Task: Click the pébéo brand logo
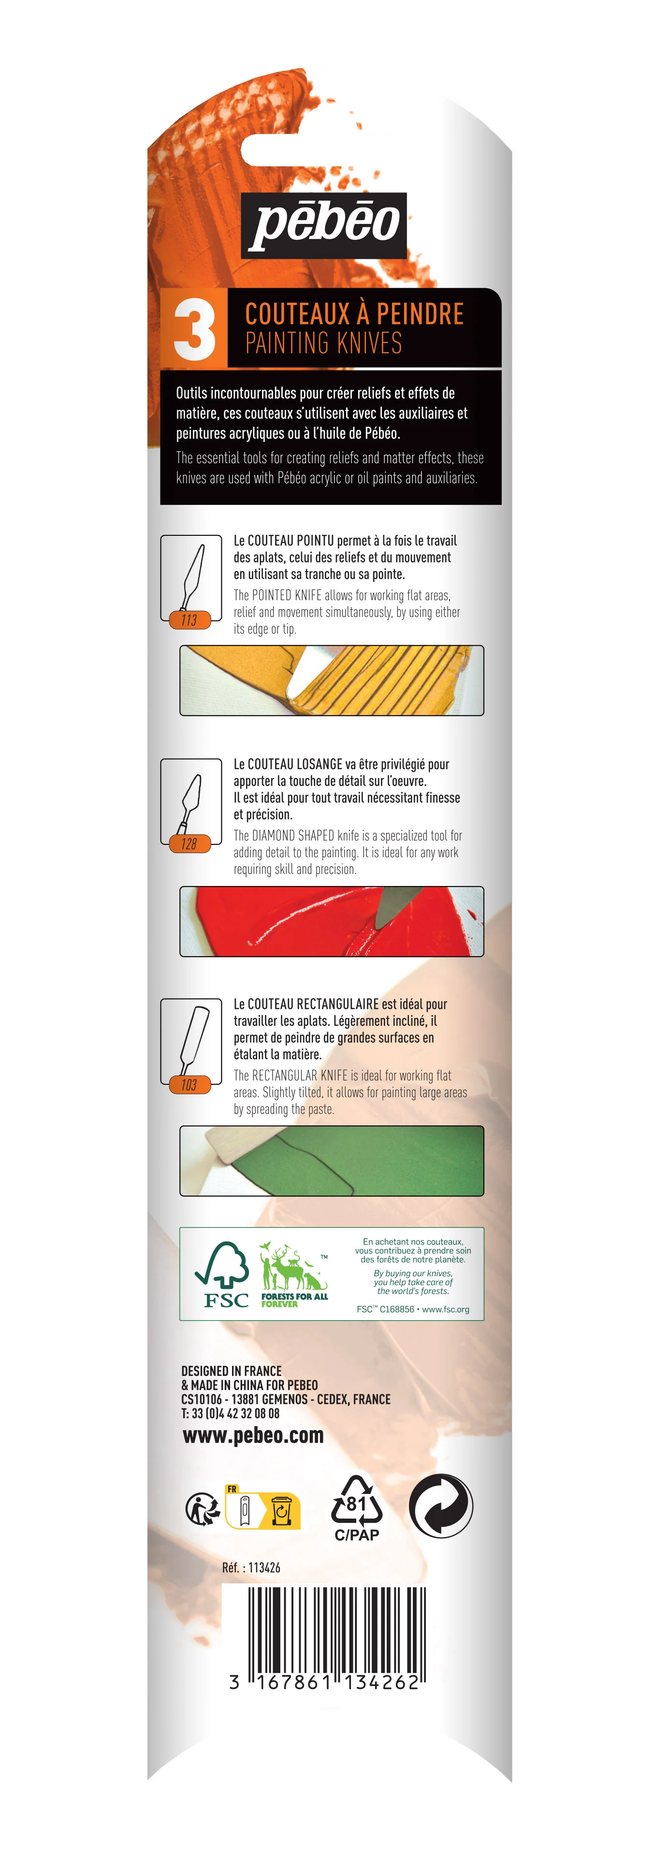(x=324, y=226)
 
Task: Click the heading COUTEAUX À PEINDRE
(x=354, y=314)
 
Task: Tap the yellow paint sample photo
(x=332, y=680)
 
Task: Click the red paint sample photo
(x=332, y=921)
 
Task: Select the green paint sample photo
(x=332, y=1160)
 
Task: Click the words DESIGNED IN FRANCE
(x=232, y=1371)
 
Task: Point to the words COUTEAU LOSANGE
(x=295, y=764)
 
